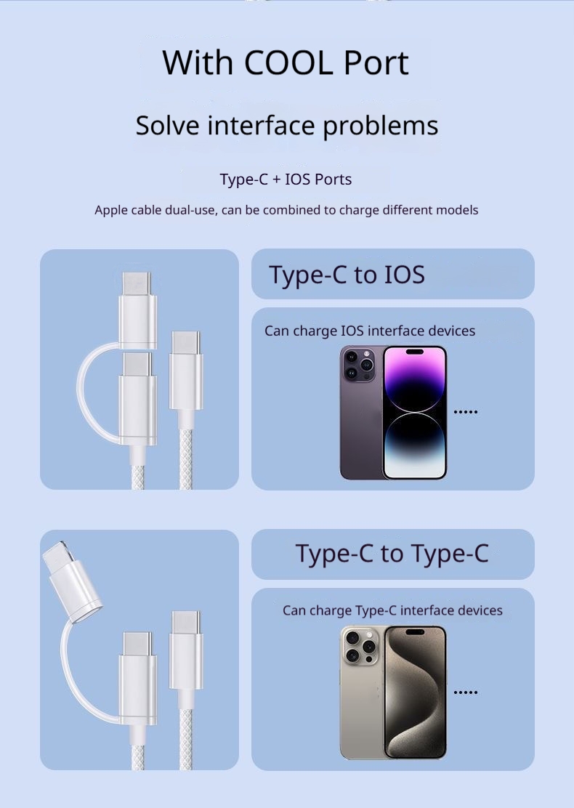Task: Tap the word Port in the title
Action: (x=376, y=62)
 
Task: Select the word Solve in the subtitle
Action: (x=167, y=125)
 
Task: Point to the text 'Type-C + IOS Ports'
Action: (x=286, y=179)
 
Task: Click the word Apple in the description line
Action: (x=113, y=210)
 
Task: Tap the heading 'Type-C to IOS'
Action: (x=347, y=275)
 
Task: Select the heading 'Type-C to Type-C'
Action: (x=392, y=554)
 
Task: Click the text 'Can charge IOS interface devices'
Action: (x=369, y=331)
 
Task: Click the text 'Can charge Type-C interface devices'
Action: (x=392, y=610)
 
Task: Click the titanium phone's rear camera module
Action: (x=360, y=645)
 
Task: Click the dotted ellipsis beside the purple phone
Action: (x=465, y=412)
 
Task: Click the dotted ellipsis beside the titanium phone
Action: (x=465, y=692)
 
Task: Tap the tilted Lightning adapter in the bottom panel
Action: (x=72, y=574)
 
